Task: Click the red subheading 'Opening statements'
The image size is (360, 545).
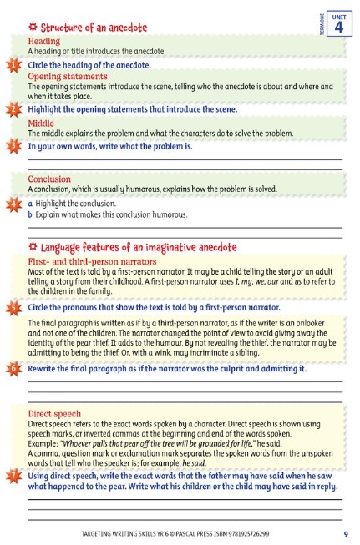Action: pos(68,77)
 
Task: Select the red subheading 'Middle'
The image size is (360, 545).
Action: pos(41,123)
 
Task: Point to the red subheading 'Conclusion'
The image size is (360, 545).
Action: pos(49,179)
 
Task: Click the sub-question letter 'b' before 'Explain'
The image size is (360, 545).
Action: pos(31,214)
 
